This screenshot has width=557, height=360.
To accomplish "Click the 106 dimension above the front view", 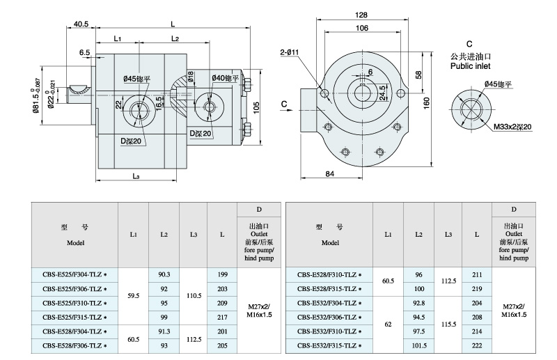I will [361, 28].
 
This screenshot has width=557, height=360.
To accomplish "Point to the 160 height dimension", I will [426, 102].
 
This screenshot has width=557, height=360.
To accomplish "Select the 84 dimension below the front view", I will [330, 174].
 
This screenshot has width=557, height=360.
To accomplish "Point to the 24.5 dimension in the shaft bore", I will [382, 91].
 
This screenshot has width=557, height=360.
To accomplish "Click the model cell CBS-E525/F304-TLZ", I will [74, 276].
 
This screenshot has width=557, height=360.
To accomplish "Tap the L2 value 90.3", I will [164, 276].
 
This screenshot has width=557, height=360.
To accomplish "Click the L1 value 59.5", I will [134, 296].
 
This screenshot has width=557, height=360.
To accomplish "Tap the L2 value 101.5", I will [419, 346].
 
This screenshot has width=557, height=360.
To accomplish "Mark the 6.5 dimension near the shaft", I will [85, 52].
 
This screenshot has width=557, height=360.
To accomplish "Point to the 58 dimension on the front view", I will [418, 74].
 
